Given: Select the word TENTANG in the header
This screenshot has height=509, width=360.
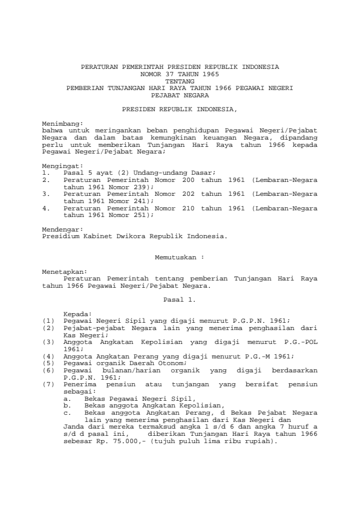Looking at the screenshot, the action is [180, 80].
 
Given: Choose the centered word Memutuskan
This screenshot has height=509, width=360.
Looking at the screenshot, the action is [176, 256].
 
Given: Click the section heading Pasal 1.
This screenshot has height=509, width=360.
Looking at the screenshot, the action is [180, 299].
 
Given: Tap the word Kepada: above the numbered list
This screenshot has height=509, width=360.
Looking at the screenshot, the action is [77, 314].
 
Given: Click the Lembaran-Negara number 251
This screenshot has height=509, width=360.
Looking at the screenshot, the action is [140, 215].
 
